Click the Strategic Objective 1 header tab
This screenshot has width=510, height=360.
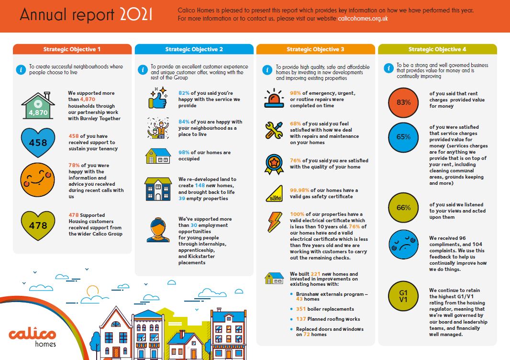coord(72,49)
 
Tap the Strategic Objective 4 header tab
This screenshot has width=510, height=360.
coord(437,49)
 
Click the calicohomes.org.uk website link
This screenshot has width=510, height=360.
coord(362,19)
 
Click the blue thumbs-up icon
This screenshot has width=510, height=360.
coord(158,99)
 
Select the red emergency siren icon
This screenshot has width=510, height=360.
coord(274,99)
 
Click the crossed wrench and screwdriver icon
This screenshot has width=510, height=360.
coord(274,130)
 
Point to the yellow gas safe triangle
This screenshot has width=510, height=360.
coord(274,193)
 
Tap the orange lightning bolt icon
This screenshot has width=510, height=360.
coord(274,222)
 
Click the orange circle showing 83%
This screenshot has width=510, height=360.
coord(403,102)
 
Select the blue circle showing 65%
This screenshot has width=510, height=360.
coord(403,137)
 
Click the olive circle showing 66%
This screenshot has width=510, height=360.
coord(403,208)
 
